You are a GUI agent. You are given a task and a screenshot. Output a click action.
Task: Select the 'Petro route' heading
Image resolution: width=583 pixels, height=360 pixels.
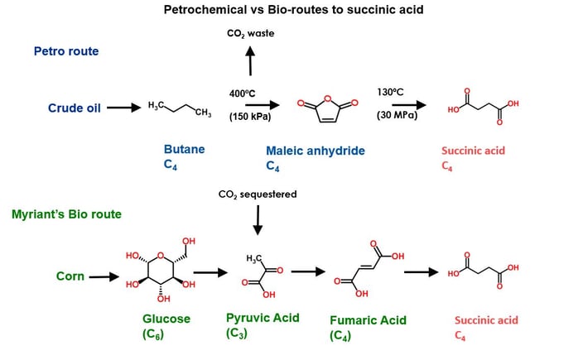pyautogui.click(x=66, y=51)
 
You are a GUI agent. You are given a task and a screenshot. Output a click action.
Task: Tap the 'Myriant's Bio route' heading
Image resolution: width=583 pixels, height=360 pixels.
pyautogui.click(x=66, y=214)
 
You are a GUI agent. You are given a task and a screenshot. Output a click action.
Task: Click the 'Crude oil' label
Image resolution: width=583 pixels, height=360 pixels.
pyautogui.click(x=74, y=107)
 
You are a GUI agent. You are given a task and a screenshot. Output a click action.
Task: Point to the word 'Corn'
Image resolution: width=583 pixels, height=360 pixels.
pyautogui.click(x=70, y=276)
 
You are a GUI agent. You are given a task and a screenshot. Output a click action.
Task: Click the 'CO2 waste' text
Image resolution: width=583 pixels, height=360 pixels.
pyautogui.click(x=250, y=34)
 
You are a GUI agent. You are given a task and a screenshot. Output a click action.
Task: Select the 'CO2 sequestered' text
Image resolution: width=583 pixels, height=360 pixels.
pyautogui.click(x=258, y=194)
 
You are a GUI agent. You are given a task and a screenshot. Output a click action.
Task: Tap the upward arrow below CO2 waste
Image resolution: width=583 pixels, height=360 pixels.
pyautogui.click(x=250, y=62)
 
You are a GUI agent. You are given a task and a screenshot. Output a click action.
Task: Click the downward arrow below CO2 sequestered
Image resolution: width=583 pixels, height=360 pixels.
pyautogui.click(x=258, y=223)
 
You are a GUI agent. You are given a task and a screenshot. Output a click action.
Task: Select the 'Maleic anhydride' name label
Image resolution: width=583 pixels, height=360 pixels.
pyautogui.click(x=316, y=151)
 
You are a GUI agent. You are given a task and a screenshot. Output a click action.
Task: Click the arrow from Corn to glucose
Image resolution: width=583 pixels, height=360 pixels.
pyautogui.click(x=104, y=276)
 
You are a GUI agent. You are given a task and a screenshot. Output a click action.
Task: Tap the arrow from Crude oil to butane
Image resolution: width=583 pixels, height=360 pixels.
pyautogui.click(x=123, y=108)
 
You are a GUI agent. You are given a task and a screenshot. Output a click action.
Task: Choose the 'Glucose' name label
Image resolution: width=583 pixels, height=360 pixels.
pyautogui.click(x=166, y=319)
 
